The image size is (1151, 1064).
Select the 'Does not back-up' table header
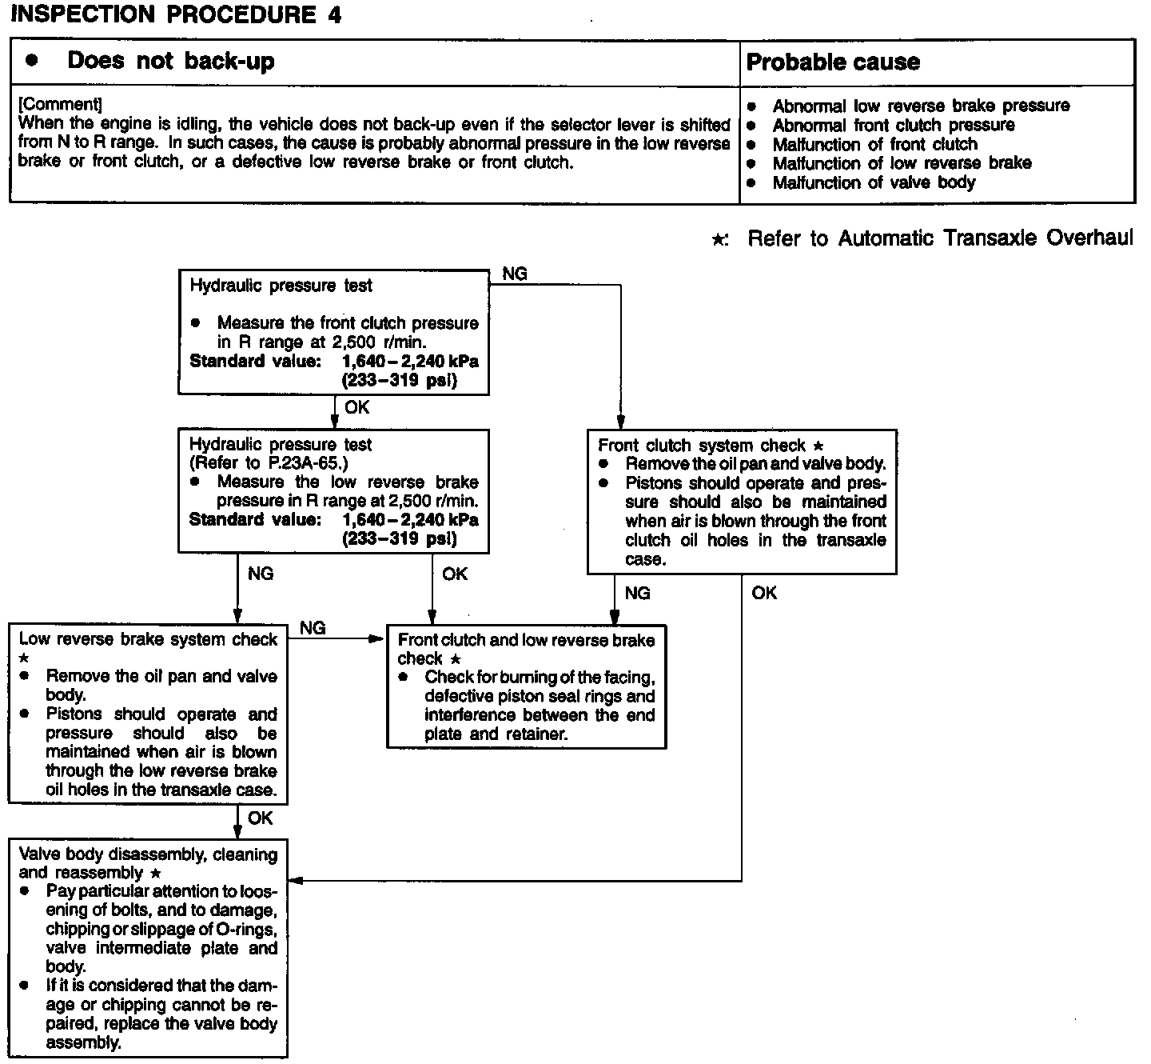pos(170,62)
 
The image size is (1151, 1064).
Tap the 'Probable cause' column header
pos(832,62)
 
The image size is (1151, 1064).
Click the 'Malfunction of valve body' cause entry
pos(874,182)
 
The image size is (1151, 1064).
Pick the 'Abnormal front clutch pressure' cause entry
pos(893,126)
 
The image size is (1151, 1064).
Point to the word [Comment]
pos(60,105)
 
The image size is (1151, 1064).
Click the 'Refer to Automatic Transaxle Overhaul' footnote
pos(939,238)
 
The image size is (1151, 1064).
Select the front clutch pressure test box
pos(333,332)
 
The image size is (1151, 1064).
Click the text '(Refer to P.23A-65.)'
pos(269,463)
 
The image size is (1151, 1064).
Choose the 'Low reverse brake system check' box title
pos(148,639)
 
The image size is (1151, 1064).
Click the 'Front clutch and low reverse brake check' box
pos(526,686)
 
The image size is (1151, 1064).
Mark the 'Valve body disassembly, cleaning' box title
pos(148,854)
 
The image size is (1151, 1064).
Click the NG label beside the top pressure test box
pos(515,274)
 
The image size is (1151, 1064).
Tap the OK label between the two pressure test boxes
pos(356,408)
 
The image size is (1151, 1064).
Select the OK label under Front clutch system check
pos(764,593)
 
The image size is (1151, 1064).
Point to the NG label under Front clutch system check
pos(637,593)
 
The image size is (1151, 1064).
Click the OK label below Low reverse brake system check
pos(261,818)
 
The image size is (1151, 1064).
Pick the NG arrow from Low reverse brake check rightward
pos(336,638)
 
